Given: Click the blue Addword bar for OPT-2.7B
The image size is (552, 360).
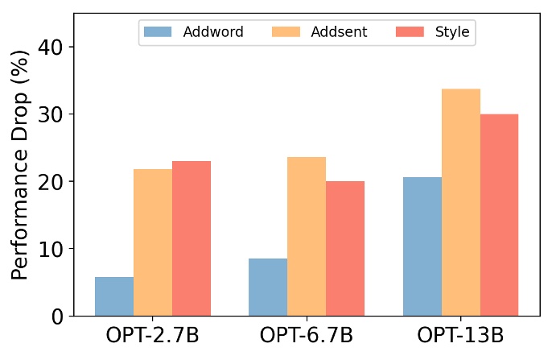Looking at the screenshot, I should point(114,296).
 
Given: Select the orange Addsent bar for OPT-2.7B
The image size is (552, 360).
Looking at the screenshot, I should point(153,242).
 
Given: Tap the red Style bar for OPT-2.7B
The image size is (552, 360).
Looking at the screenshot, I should point(192,238).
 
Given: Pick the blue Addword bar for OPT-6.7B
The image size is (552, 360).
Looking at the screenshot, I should point(268,287).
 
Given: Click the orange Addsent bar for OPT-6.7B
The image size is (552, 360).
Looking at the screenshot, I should point(307,236).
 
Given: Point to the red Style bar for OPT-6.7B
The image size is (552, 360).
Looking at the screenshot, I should point(345,248).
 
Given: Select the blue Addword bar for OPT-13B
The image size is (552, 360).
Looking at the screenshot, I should point(422,246).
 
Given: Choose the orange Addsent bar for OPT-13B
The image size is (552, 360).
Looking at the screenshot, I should point(461,202).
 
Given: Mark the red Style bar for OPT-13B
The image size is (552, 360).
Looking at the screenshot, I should point(499,215).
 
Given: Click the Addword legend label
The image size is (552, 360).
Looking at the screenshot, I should point(208,32).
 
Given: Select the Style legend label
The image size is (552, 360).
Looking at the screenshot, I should point(454,32).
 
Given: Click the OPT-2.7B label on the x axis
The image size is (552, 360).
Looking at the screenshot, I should point(153,337).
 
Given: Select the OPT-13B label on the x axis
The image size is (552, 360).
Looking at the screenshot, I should point(461,337).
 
